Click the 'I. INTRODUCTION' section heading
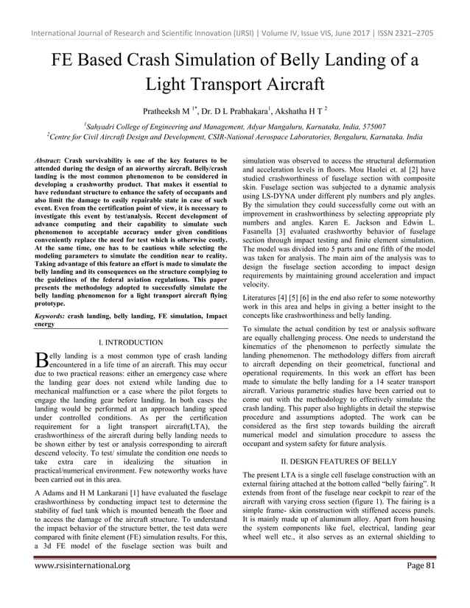point(130,342)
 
